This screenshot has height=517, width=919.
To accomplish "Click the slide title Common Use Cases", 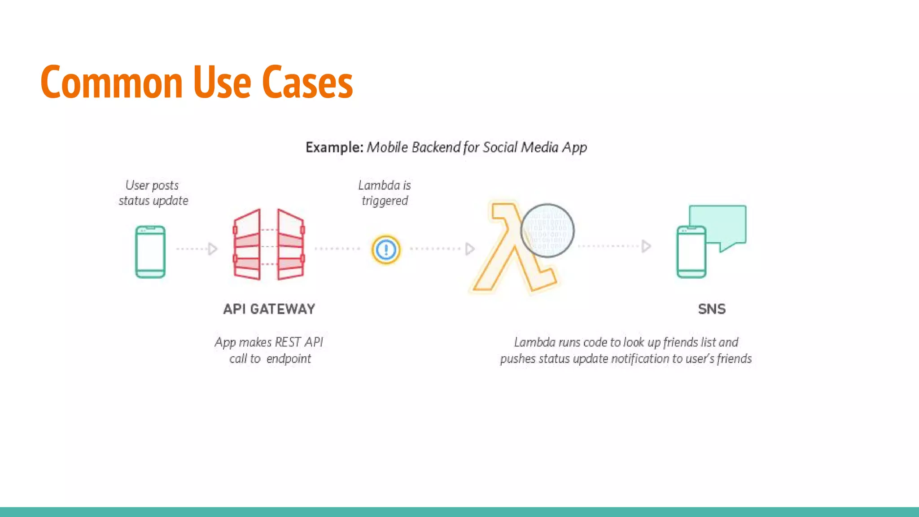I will pos(197,82).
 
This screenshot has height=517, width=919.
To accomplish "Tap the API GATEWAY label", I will pos(269,309).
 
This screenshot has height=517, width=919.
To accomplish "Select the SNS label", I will pos(712,309).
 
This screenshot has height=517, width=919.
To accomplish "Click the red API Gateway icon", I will pos(269,245).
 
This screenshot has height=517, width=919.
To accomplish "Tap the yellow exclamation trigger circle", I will pos(386,250).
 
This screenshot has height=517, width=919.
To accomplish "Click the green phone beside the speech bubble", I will pos(691,252).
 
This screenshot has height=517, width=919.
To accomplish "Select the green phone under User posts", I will pos(150,252).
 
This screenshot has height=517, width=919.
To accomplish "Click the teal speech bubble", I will pos(718,224).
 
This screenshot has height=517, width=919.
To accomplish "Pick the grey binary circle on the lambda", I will pos(547,231).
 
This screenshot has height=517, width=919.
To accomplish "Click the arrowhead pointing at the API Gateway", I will pos(213,249).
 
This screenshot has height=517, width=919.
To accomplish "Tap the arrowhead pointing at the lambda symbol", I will pos(470,249).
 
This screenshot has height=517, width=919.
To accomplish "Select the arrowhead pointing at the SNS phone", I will pos(646,246).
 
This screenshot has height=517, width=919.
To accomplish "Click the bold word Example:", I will pos(334,147).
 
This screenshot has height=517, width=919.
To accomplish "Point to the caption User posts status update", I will pos(153,193).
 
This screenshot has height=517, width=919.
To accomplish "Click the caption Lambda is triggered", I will pos(385,193).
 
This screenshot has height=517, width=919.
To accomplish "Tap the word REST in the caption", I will pos(288,342).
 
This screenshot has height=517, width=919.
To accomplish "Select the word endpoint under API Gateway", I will pos(289,359).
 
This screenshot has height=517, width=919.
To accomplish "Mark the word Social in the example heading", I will pos(500,147).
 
